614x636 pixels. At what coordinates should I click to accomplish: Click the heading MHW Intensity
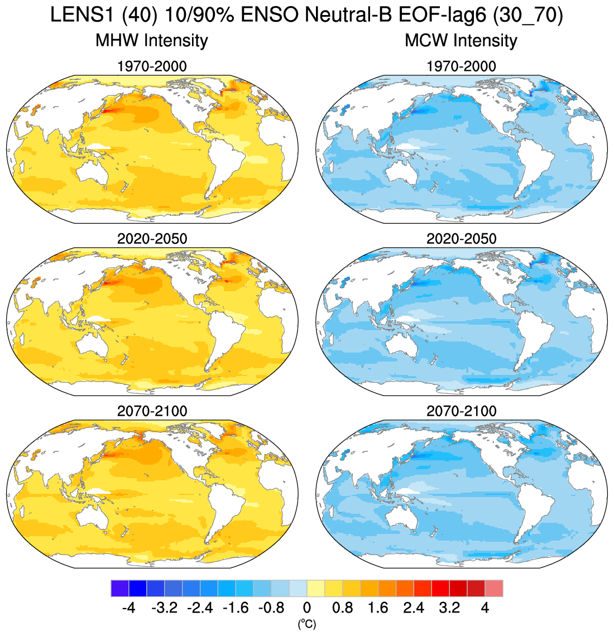point(152,41)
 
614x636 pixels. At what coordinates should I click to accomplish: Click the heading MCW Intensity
point(461,41)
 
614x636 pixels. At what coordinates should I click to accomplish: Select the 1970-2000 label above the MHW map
point(152,66)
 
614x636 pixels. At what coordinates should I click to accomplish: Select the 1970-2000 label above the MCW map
point(461,66)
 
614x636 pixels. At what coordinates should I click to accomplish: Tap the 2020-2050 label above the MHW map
point(152,239)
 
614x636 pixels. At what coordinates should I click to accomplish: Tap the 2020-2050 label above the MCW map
point(461,239)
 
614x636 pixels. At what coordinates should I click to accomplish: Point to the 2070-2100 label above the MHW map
point(152,411)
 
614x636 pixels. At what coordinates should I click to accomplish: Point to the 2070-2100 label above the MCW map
point(461,411)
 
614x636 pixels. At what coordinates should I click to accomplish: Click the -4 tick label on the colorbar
point(128,608)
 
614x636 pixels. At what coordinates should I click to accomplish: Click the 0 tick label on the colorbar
point(307,608)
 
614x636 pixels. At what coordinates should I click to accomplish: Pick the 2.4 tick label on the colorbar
point(414,608)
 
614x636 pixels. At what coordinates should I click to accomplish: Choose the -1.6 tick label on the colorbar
point(236,608)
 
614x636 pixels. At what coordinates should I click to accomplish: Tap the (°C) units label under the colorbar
point(307,624)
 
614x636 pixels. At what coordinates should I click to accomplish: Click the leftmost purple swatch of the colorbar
point(120,589)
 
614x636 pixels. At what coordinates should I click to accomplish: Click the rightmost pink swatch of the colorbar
point(494,589)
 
